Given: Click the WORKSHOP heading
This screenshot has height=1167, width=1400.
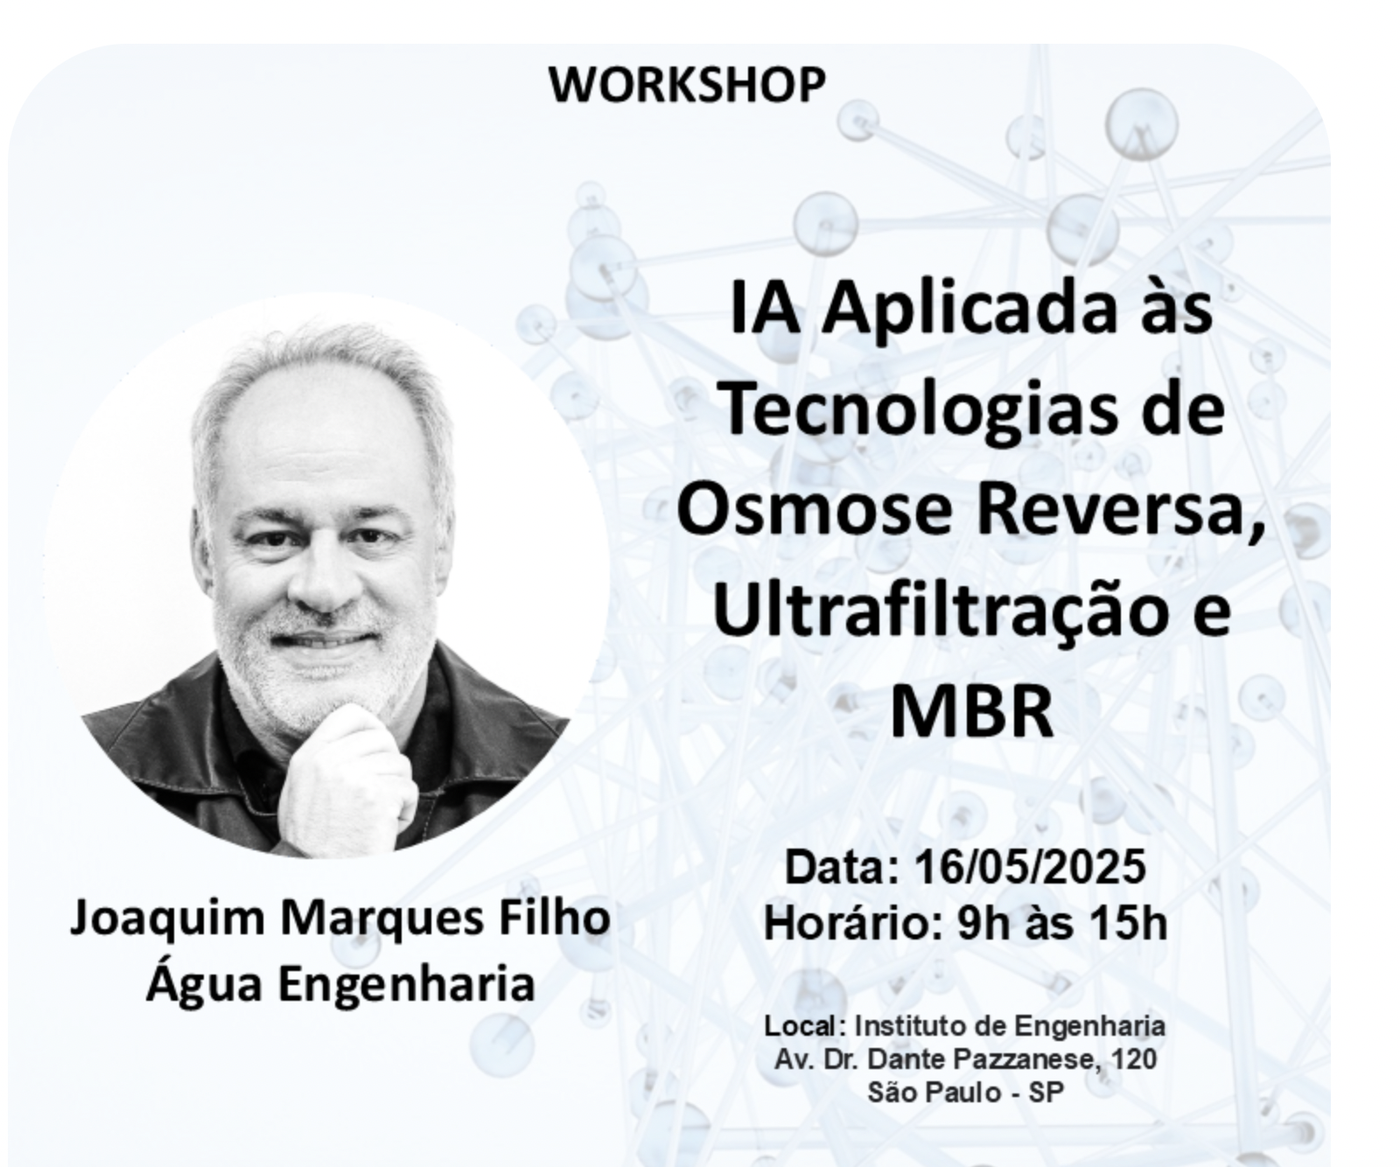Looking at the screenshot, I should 687,85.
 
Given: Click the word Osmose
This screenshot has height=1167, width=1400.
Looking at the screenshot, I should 814,509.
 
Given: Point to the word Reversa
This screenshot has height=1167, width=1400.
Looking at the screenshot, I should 1121,511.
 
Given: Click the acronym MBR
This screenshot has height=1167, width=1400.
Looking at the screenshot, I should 971,711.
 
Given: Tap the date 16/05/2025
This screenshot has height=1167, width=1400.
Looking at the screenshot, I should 1029,868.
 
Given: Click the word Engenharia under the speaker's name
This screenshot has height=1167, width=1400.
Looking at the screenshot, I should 407,983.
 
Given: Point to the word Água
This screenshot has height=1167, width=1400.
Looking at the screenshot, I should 204,983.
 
